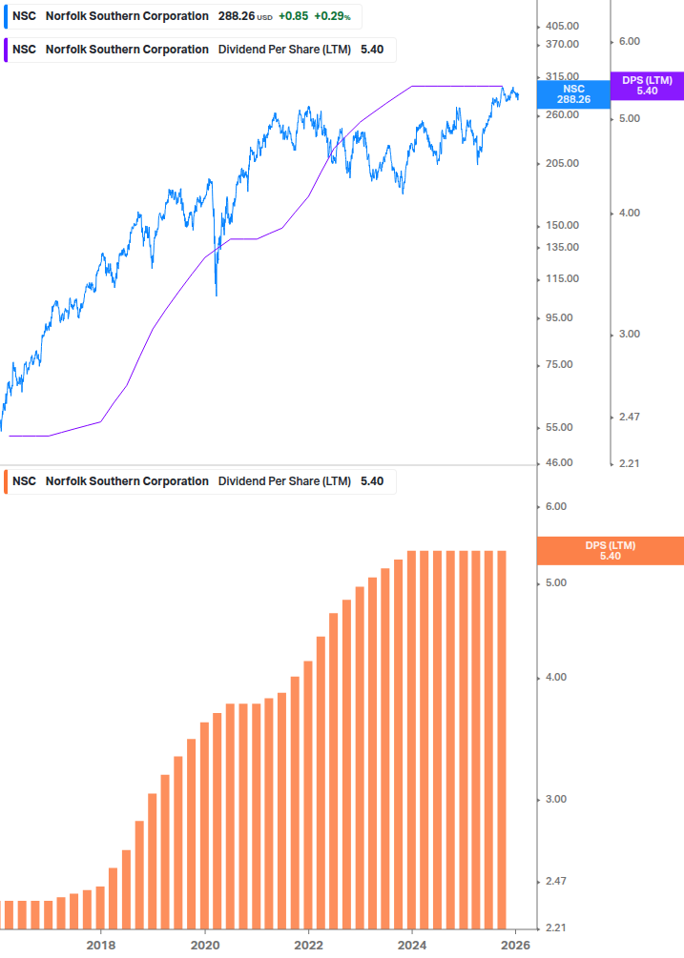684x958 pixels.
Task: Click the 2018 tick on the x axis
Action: pos(101,945)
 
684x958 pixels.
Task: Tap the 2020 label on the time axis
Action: pos(205,945)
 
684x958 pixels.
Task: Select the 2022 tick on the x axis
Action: pos(308,945)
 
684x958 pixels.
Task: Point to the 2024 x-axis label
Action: pos(412,945)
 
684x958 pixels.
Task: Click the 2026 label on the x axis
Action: pos(515,945)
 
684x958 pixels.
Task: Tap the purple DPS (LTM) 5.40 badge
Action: pos(647,86)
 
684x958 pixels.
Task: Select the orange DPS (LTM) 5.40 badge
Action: pos(611,551)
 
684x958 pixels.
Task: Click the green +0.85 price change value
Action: pos(292,16)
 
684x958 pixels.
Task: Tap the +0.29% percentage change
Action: pos(332,16)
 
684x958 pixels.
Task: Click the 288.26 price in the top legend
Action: pos(235,16)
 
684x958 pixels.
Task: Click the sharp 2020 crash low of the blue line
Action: pos(217,295)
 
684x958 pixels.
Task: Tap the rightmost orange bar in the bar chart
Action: pos(501,739)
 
